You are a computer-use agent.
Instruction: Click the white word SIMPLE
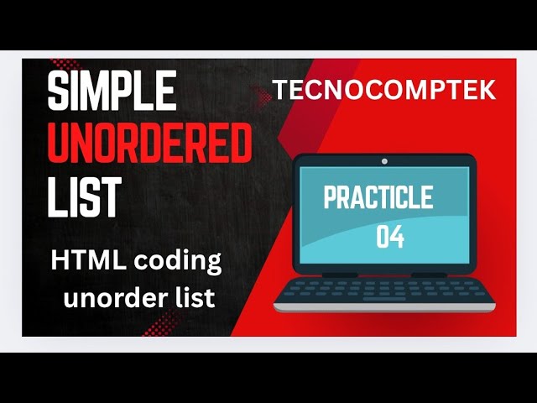tap(111, 92)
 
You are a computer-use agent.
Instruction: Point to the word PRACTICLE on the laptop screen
tap(378, 198)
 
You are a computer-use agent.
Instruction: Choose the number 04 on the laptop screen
tap(390, 238)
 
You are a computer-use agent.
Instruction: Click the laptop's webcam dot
tap(384, 160)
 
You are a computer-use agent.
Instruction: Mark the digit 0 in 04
tap(383, 238)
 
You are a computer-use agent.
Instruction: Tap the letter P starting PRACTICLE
tap(330, 200)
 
